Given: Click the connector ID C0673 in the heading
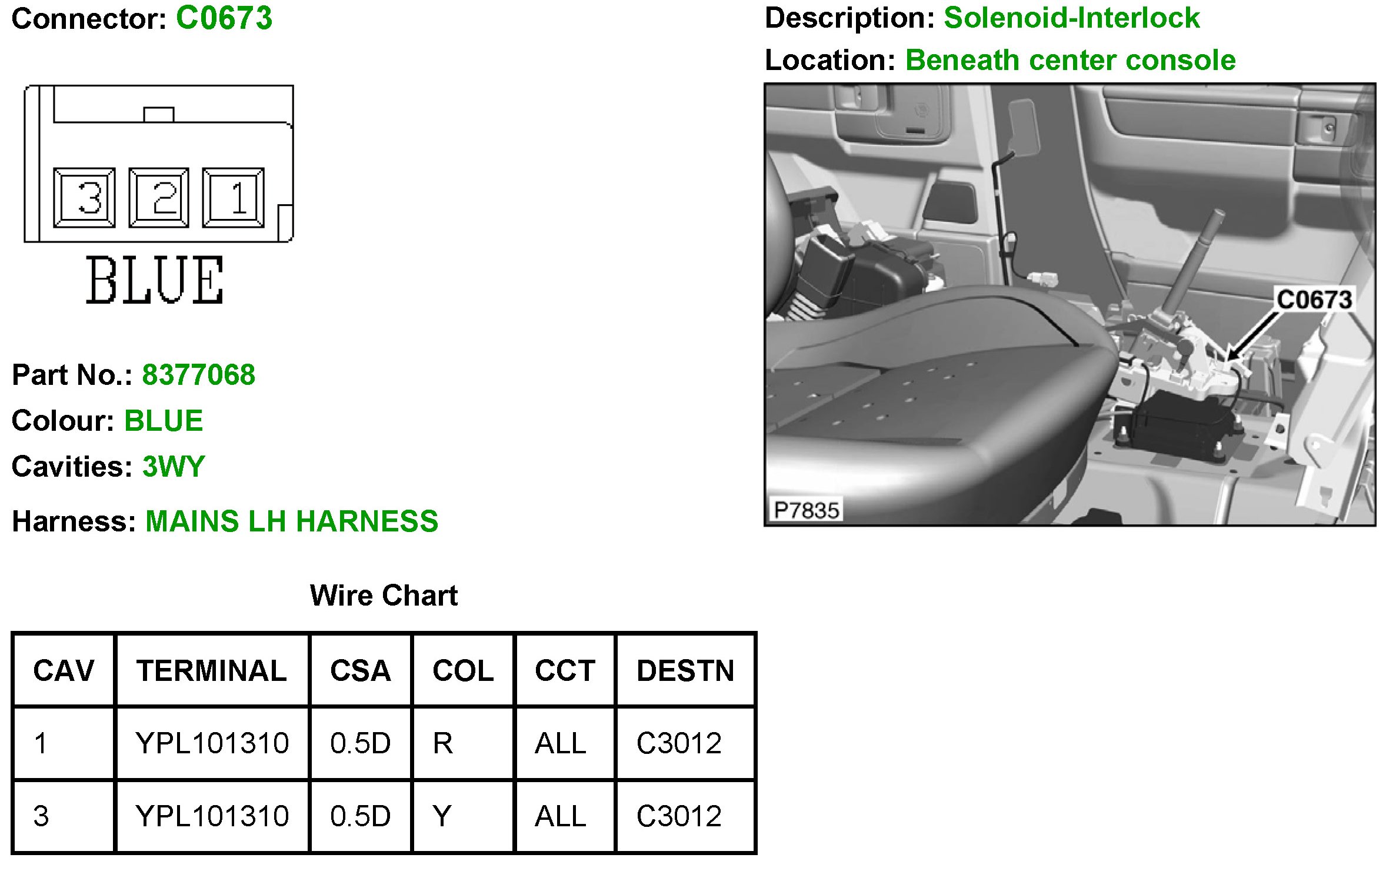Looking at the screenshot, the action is tap(224, 18).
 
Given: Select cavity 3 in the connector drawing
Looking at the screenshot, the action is tap(84, 198).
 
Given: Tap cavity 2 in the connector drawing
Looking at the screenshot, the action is tap(159, 198).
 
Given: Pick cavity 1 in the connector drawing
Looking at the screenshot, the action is tap(234, 198).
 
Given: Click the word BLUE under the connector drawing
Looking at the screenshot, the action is tap(155, 280).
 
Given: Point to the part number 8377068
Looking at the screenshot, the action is tap(198, 375).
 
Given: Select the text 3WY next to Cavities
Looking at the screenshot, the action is tap(174, 467).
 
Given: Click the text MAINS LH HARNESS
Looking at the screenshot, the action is tap(291, 521).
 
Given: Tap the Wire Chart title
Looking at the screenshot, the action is tap(384, 596).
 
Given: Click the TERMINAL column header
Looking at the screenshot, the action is tap(212, 671).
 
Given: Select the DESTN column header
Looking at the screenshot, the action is tap(685, 671).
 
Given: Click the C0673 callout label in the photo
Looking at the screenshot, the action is tap(1314, 300).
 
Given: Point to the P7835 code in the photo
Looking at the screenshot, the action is tap(806, 510).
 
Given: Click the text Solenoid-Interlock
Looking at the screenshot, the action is tap(1071, 18).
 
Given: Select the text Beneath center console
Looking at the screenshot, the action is tap(1070, 60).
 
